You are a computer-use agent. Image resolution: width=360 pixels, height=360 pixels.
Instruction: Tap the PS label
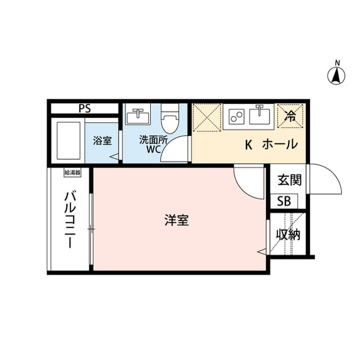click(85, 109)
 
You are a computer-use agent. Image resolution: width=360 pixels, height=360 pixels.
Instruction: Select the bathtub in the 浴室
click(69, 141)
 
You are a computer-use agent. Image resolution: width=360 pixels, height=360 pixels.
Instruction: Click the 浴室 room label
click(102, 141)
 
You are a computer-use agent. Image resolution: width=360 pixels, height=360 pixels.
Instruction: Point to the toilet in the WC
click(170, 119)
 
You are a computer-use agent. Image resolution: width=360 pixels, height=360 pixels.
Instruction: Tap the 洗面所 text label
click(154, 140)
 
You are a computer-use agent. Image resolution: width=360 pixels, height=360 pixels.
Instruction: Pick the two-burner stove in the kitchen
click(236, 117)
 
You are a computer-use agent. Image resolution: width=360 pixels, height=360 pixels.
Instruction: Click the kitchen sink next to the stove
click(260, 116)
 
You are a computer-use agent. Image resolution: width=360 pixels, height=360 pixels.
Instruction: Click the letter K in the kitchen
click(249, 145)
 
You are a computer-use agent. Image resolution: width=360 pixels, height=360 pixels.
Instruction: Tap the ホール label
click(280, 145)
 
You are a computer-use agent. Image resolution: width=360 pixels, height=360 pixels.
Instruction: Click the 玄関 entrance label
click(290, 180)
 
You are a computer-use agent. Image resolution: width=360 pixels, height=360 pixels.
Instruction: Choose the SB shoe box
click(283, 201)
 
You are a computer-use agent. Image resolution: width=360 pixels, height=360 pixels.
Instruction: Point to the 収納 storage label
click(288, 235)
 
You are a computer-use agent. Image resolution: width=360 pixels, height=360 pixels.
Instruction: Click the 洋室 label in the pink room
click(177, 220)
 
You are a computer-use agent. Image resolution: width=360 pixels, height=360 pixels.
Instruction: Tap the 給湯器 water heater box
click(73, 173)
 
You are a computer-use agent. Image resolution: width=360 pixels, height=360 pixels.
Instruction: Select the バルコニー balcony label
click(70, 220)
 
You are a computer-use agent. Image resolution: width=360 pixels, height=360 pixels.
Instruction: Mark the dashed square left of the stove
click(207, 118)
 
